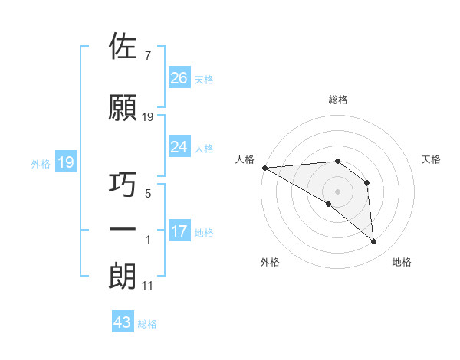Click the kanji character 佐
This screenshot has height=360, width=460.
[x=123, y=47]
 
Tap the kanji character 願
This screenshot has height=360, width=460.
[x=123, y=108]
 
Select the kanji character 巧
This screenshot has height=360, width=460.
[x=123, y=185]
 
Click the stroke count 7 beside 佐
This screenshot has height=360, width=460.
[x=147, y=56]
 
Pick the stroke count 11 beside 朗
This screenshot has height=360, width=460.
[x=147, y=286]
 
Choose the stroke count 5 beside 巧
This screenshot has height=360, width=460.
[x=148, y=194]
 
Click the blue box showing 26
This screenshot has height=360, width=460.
[x=179, y=78]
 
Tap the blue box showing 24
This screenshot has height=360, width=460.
[x=179, y=147]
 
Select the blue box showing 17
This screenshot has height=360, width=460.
[x=179, y=231]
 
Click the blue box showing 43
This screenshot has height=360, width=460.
[x=123, y=322]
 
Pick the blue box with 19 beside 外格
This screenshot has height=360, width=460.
[x=65, y=162]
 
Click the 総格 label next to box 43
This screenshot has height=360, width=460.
[x=148, y=324]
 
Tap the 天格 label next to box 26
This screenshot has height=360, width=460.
[x=204, y=79]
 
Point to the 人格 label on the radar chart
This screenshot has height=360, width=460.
[x=245, y=159]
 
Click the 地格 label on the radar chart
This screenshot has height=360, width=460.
[x=402, y=262]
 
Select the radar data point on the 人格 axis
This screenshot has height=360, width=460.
[x=264, y=168]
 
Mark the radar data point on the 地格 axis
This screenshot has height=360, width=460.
[x=374, y=242]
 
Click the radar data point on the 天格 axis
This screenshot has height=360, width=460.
[x=367, y=182]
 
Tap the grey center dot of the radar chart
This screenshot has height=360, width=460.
[x=337, y=191]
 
